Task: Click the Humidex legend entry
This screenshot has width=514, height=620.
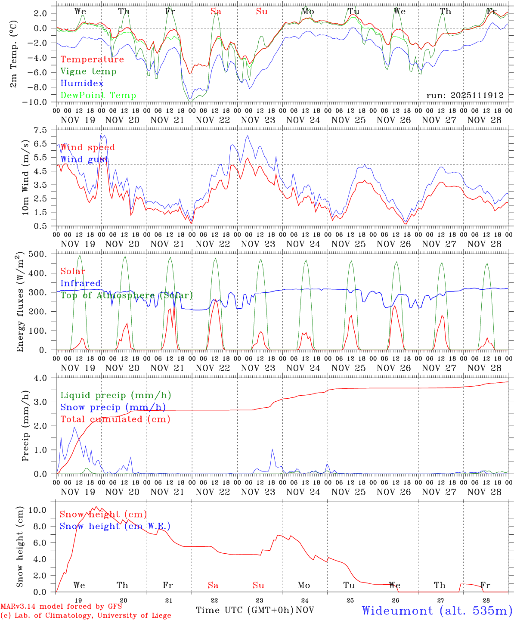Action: [82, 84]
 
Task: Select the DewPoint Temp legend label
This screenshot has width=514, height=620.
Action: [98, 96]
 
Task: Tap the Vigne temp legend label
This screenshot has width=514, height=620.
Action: [88, 71]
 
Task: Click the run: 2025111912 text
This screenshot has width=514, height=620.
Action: [464, 96]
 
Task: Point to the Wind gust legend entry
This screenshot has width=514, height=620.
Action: [84, 159]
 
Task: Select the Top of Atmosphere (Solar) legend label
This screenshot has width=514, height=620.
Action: [127, 295]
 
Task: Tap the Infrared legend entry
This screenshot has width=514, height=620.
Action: [81, 283]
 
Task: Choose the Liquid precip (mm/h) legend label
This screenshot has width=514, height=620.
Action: [115, 395]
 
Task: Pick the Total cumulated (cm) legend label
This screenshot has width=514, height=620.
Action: [115, 419]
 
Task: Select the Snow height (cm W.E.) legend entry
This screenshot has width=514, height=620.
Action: [115, 526]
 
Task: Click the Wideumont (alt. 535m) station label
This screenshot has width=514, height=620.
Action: [437, 611]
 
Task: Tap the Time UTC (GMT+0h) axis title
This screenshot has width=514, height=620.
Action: [245, 610]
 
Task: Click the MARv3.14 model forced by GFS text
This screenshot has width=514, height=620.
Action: [61, 607]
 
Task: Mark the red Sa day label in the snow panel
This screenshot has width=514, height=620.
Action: [213, 585]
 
